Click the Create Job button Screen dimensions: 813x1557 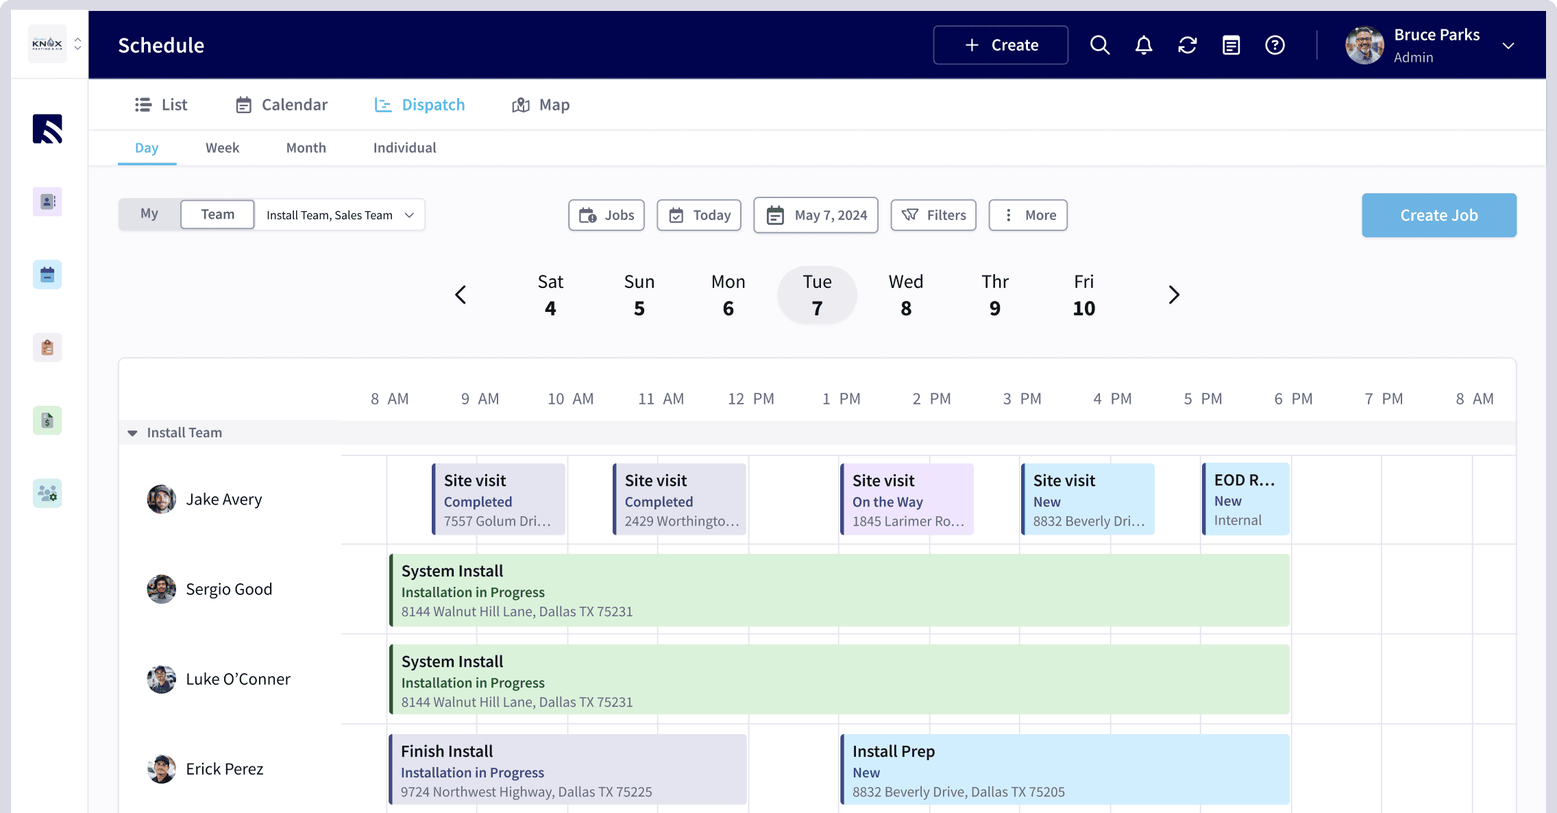1438,215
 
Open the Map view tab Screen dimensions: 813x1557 541,105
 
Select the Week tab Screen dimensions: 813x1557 222,148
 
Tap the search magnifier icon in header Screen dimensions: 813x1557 1099,45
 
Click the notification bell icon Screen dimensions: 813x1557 1143,45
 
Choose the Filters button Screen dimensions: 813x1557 933,215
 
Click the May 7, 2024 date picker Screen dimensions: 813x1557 816,215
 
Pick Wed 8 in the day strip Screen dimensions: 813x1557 905,295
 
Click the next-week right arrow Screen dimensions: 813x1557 1173,295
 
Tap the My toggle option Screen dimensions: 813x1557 149,214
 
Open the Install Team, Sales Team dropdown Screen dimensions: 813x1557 340,215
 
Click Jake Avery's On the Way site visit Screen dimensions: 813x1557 906,500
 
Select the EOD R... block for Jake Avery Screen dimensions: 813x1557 1246,500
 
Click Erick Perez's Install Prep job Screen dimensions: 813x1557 1064,770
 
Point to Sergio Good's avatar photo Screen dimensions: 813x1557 162,589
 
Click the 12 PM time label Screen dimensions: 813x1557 750,399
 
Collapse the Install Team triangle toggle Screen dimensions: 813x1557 132,433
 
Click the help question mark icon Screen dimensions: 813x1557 1274,45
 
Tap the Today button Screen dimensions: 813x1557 698,215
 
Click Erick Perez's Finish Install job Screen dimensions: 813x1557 567,770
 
